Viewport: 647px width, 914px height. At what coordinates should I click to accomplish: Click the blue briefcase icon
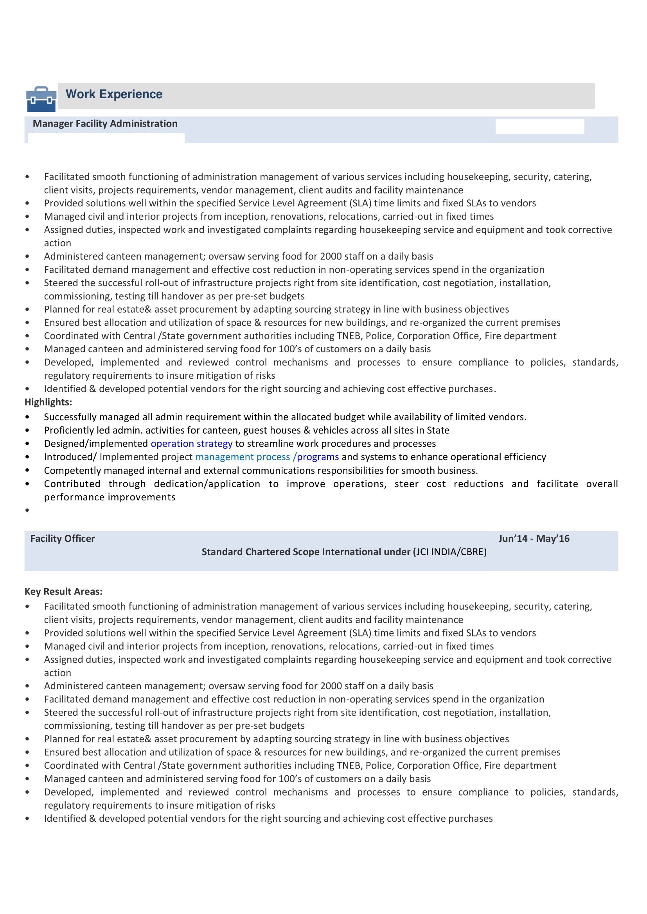coord(41,99)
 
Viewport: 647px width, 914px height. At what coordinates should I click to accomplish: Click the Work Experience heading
coord(114,94)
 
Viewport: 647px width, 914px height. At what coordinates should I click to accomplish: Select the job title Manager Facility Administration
coord(105,124)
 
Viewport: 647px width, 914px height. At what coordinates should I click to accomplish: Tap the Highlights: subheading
coord(48,402)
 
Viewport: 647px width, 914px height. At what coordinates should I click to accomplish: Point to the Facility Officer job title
coord(63,539)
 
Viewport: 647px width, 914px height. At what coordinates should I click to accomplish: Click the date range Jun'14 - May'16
coord(534,539)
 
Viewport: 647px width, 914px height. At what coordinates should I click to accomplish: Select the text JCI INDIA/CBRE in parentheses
coord(450,552)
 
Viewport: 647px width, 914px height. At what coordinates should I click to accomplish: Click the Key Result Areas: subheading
coord(63,591)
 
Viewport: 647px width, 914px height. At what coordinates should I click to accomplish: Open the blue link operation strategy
coord(191,443)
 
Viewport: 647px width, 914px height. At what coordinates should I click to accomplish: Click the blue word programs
coord(318,457)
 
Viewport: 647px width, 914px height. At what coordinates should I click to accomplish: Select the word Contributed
coord(72,484)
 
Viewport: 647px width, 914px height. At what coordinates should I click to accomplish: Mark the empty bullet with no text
coord(27,510)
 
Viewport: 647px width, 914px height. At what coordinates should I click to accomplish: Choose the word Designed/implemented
coord(95,443)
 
